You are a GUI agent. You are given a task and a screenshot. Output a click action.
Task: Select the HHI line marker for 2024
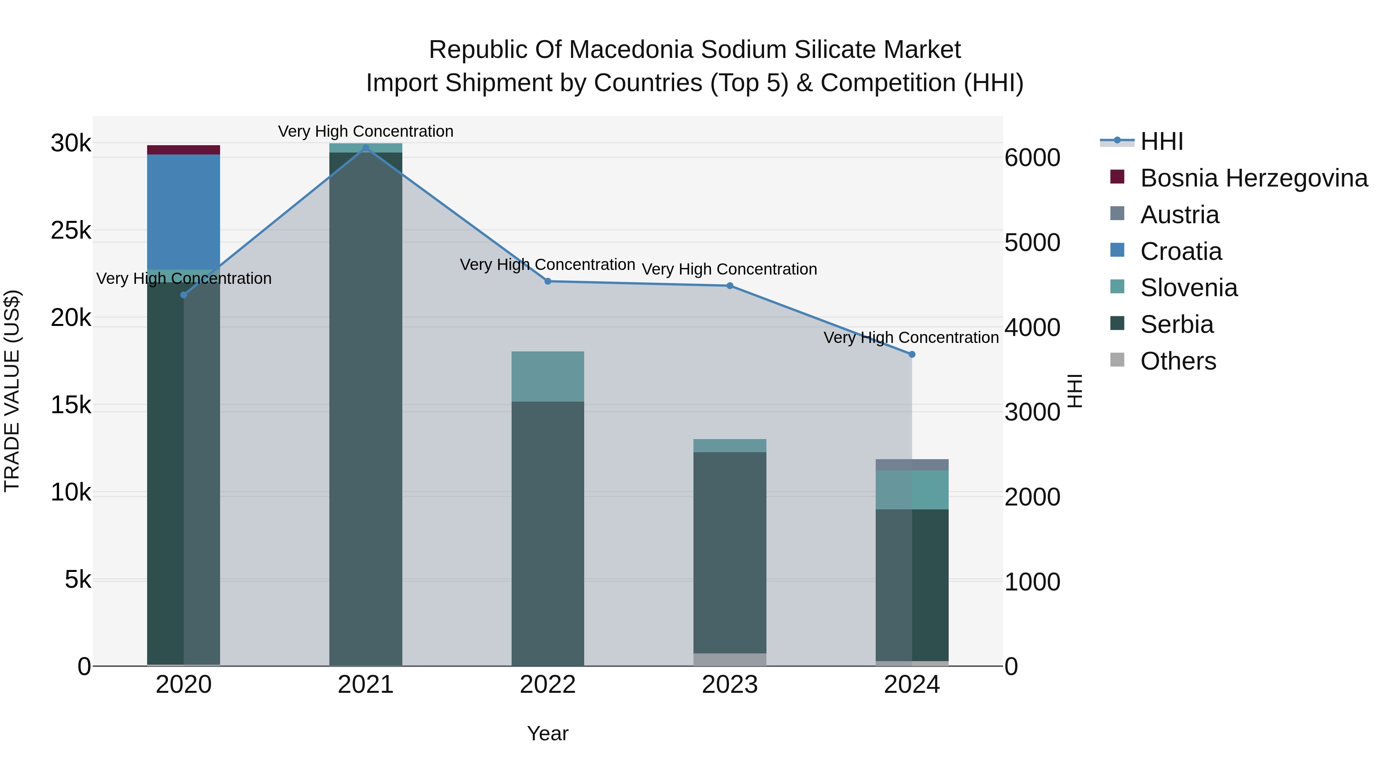tap(912, 355)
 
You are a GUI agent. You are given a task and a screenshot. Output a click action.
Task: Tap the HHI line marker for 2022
tap(548, 281)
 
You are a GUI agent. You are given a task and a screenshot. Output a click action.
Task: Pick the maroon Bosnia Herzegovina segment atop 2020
tap(183, 149)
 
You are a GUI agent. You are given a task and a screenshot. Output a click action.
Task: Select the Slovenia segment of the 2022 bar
tap(548, 376)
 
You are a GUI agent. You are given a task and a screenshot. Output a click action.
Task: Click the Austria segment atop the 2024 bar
tap(912, 464)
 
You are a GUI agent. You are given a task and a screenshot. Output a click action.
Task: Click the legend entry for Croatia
tap(1181, 251)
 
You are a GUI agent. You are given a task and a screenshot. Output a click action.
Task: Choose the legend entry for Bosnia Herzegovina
tap(1253, 178)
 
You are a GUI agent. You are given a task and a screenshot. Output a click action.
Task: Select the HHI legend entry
tap(1161, 141)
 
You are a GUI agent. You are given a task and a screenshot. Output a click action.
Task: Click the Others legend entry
tap(1178, 361)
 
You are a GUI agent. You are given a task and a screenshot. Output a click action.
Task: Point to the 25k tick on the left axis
tap(71, 231)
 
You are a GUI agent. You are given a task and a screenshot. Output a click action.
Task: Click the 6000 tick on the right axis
tap(1032, 158)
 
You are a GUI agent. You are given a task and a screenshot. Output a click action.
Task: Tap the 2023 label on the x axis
tap(729, 685)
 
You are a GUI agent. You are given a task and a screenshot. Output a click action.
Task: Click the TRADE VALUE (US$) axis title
tap(12, 391)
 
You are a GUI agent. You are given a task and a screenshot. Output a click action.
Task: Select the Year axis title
tap(548, 733)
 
